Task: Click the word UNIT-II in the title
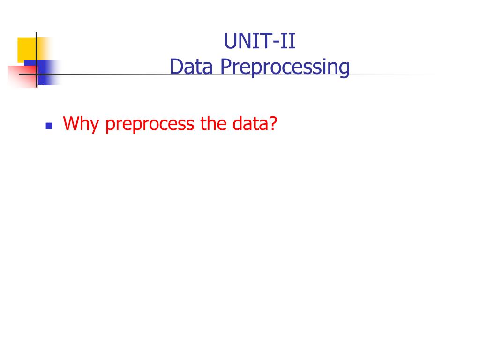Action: click(260, 41)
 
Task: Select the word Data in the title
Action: click(192, 67)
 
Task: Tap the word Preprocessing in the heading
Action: click(285, 68)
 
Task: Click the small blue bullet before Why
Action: click(48, 126)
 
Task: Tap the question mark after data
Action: click(273, 124)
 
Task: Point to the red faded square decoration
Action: click(21, 77)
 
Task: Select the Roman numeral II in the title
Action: click(288, 41)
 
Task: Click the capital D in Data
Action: click(176, 67)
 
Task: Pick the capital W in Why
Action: click(71, 124)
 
